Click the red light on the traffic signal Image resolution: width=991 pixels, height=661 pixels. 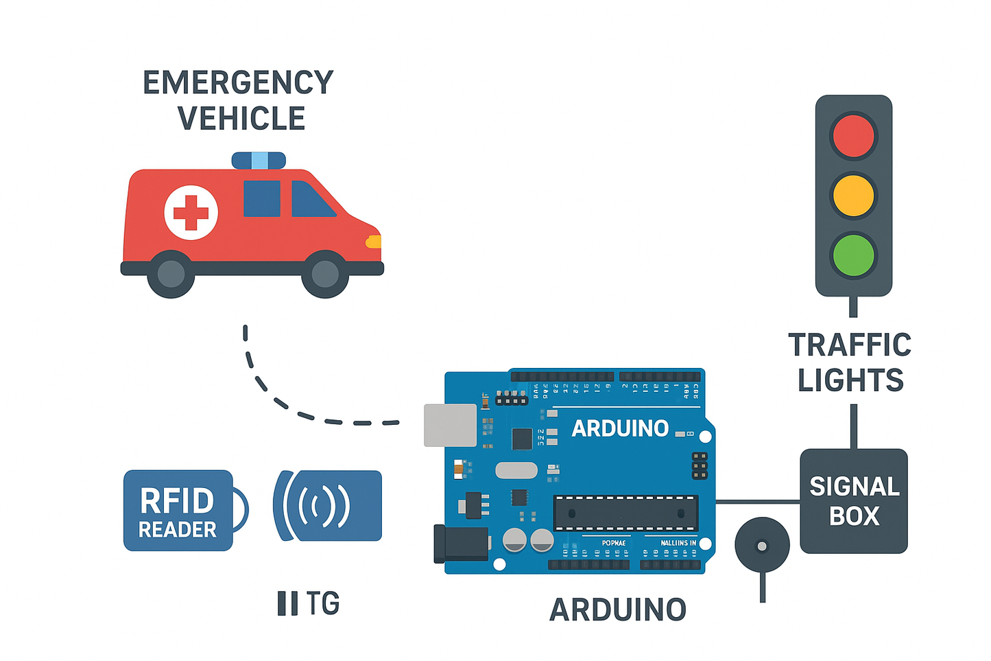coord(853,136)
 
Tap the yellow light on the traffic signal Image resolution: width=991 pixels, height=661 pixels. coord(853,196)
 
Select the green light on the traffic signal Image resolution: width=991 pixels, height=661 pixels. coord(853,255)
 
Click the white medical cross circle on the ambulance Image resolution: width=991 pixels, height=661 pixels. coord(191,212)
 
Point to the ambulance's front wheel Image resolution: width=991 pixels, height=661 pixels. coord(325,274)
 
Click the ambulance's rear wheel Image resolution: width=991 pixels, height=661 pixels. coord(171,274)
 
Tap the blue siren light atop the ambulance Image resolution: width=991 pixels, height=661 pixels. coord(259,161)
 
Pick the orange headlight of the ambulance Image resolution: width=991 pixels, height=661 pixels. coord(374,242)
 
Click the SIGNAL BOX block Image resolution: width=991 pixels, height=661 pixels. coord(854,501)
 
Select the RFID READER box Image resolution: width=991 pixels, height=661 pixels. coord(178,511)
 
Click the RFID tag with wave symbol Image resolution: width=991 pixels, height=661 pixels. coord(328,506)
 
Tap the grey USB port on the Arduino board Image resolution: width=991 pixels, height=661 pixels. coord(450,425)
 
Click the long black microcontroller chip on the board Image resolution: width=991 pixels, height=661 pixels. coord(625,513)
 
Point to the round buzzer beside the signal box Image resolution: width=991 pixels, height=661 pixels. coord(762,546)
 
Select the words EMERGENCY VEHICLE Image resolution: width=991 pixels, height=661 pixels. coord(239,100)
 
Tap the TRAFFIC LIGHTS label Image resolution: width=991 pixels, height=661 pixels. coord(850,362)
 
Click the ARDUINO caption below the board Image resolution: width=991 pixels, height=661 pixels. coord(618,610)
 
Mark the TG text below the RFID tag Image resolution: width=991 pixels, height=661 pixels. coord(309,603)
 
